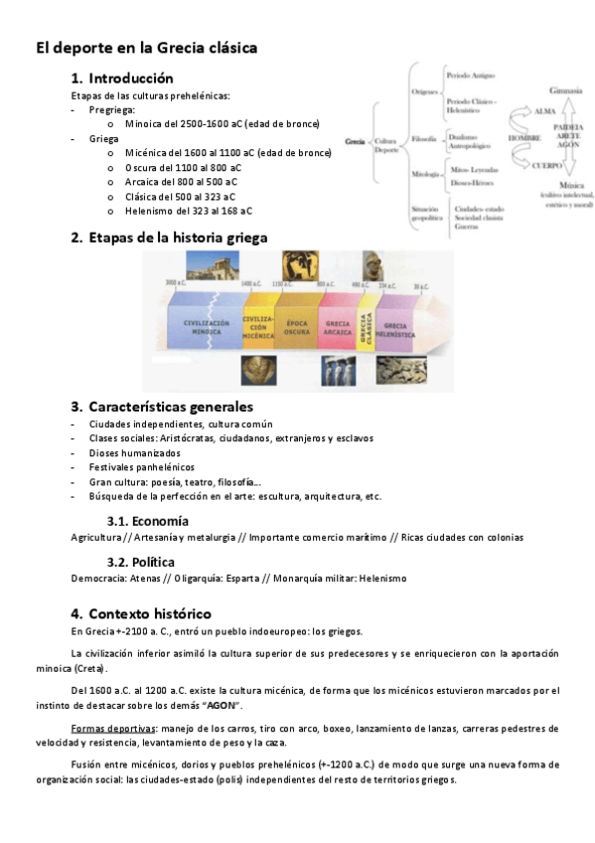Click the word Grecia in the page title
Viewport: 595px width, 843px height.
pyautogui.click(x=178, y=47)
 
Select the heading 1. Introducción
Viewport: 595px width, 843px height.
pyautogui.click(x=121, y=78)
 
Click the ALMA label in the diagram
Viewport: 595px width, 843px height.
pyautogui.click(x=545, y=111)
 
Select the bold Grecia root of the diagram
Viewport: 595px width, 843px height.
pyautogui.click(x=355, y=142)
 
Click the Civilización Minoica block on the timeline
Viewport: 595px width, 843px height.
pyautogui.click(x=207, y=328)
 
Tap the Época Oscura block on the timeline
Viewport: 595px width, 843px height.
pyautogui.click(x=297, y=327)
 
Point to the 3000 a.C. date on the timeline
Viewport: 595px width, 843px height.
pyautogui.click(x=176, y=283)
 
